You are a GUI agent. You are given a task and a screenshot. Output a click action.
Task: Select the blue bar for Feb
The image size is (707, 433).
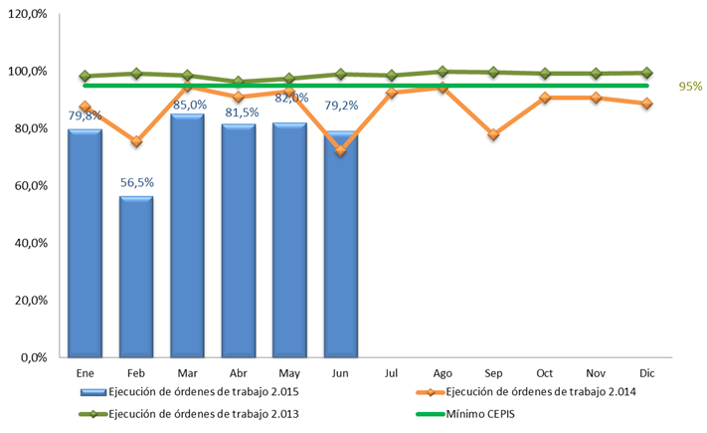(x=135, y=276)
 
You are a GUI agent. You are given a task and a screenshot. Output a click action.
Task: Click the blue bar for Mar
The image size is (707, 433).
(x=187, y=235)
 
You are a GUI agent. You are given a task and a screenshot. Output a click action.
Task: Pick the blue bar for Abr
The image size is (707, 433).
(x=238, y=240)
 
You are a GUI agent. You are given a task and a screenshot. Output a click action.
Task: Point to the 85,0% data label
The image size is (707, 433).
(x=189, y=104)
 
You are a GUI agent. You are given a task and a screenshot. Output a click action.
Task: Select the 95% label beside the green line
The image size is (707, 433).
(x=690, y=87)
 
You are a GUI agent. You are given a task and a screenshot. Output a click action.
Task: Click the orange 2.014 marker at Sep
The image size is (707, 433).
(x=492, y=133)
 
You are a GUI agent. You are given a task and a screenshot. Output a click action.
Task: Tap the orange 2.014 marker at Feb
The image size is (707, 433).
(x=135, y=142)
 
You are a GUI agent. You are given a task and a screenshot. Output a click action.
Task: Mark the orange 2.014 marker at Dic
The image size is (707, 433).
(x=646, y=104)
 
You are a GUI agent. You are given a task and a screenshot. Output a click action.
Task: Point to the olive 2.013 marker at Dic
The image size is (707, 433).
(x=646, y=73)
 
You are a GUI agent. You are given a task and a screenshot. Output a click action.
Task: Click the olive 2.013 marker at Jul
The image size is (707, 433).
(x=392, y=76)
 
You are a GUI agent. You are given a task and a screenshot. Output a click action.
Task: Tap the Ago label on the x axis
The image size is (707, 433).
(x=442, y=371)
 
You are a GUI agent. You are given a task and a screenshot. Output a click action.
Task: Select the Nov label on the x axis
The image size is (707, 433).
(x=595, y=371)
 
